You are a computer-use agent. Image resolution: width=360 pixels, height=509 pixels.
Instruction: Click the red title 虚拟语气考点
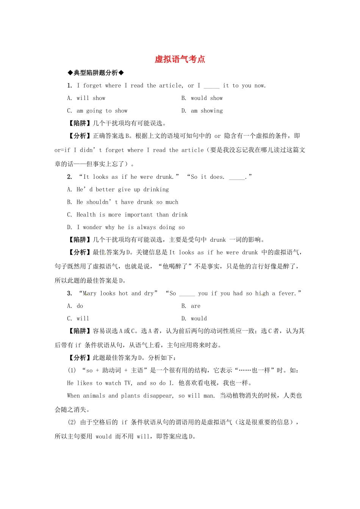[x=180, y=59]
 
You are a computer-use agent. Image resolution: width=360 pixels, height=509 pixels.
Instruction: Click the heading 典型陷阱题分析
[x=96, y=73]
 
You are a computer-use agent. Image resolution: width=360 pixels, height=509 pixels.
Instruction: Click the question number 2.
[x=69, y=177]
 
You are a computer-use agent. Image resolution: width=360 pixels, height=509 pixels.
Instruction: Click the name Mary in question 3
[x=89, y=294]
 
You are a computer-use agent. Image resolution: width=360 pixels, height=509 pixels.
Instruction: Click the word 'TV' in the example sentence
[x=128, y=383]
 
